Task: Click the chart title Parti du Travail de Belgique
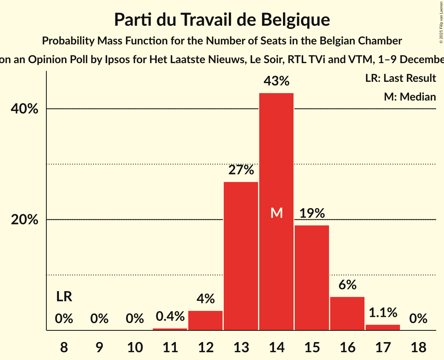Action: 222,19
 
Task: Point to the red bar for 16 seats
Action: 347,314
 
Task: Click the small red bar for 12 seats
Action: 205,320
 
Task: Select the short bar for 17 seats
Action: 383,327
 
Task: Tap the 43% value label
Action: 276,81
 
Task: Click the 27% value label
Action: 241,170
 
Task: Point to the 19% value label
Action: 312,214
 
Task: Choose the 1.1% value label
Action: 383,312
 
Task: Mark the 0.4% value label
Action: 170,316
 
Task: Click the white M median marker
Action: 276,213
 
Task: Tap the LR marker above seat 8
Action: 64,297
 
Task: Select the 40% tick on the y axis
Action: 25,109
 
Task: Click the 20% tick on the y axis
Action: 25,220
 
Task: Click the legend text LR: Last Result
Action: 400,78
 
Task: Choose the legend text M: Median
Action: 410,97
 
